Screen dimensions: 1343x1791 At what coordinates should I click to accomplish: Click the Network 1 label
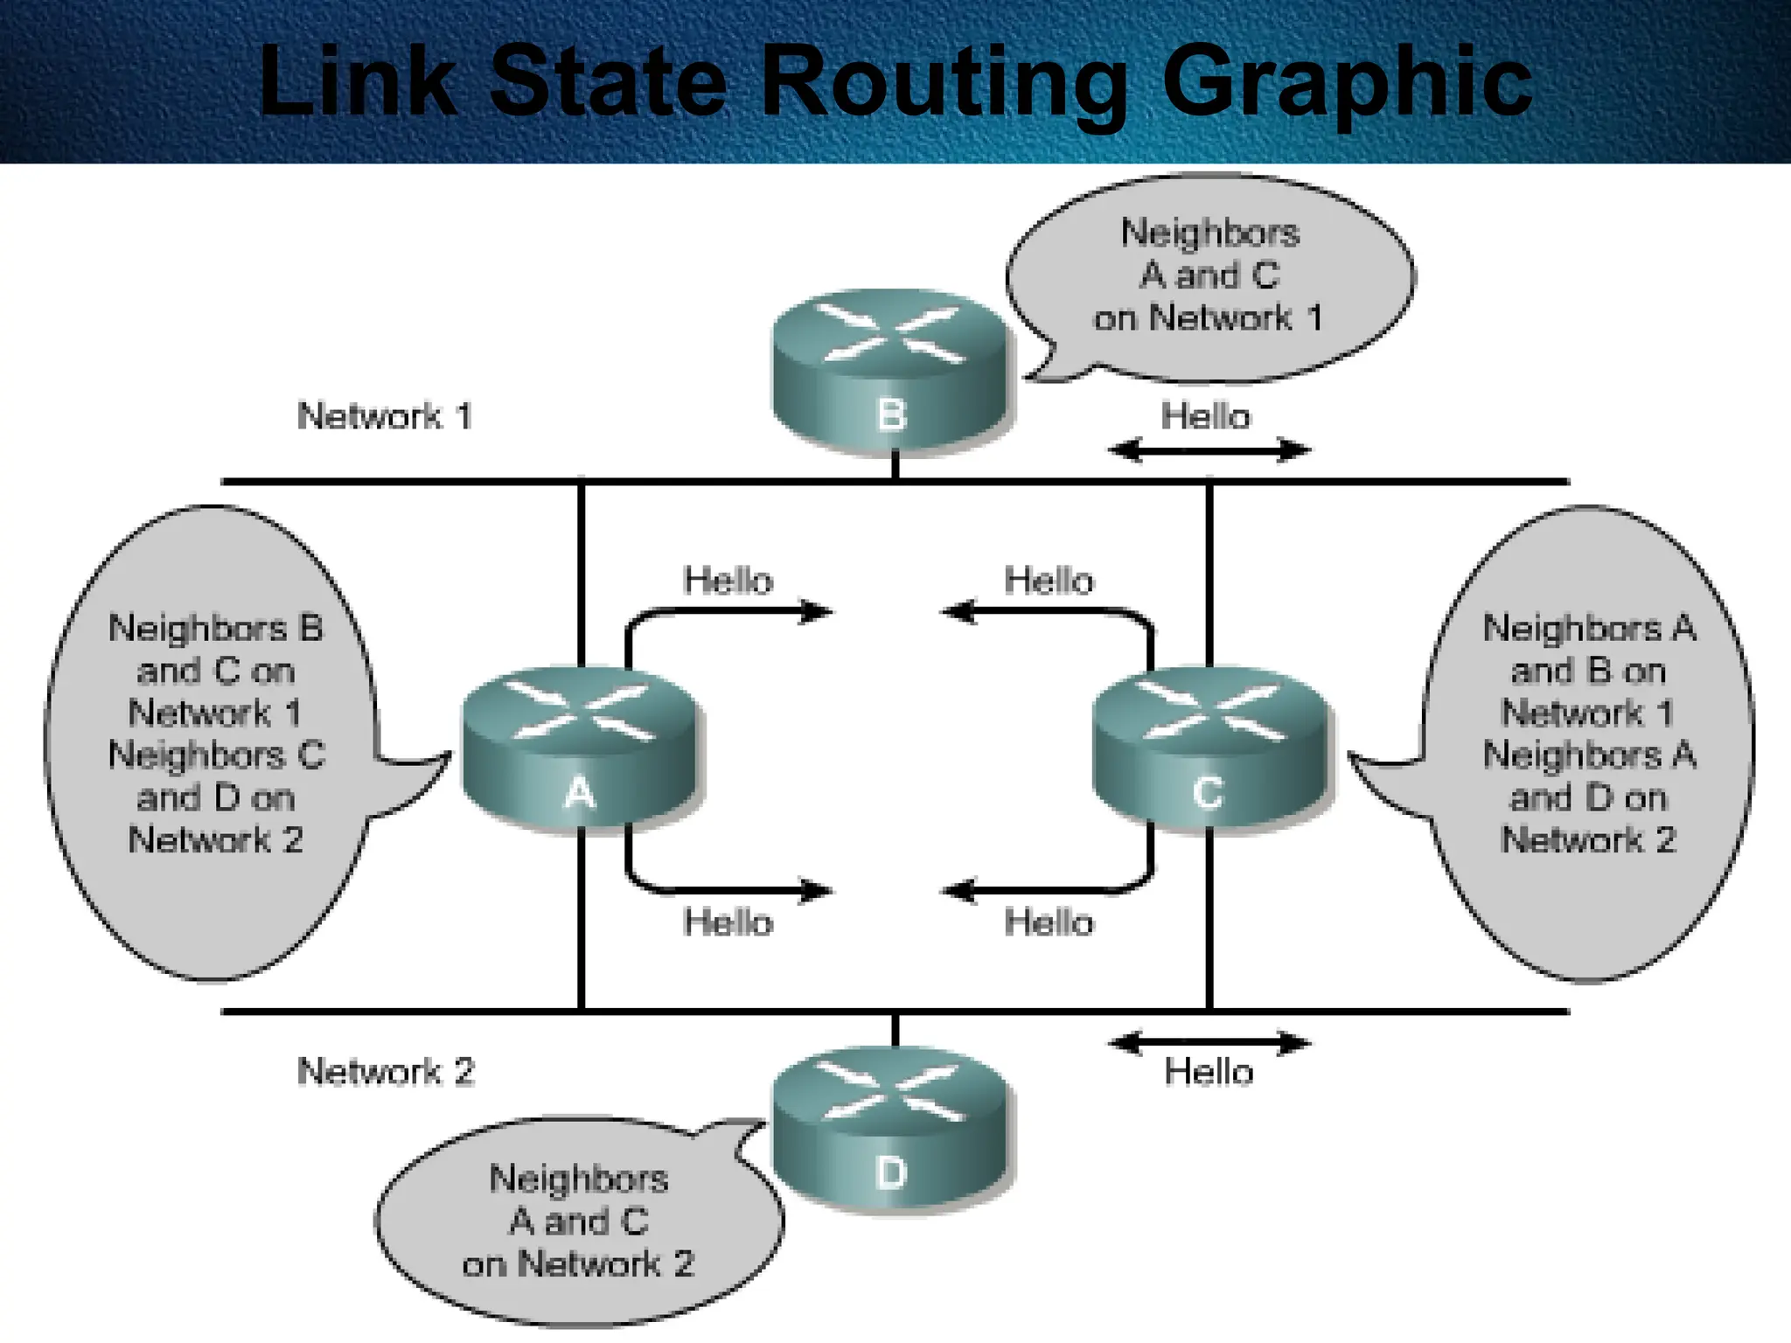(385, 416)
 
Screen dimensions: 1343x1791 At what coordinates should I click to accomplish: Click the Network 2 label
(386, 1072)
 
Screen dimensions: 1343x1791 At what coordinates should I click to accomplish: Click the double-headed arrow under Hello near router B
(1209, 451)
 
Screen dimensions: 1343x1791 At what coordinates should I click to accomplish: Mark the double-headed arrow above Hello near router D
(1209, 1043)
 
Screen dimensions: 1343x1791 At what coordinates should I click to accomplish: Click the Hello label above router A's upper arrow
(728, 581)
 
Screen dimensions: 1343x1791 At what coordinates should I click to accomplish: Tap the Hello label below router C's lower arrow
(1049, 923)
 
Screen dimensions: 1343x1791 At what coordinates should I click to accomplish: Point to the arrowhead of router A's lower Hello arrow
(819, 891)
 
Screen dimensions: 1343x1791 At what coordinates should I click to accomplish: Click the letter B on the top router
(890, 414)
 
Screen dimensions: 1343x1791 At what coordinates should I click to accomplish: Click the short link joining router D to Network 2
(895, 1030)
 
